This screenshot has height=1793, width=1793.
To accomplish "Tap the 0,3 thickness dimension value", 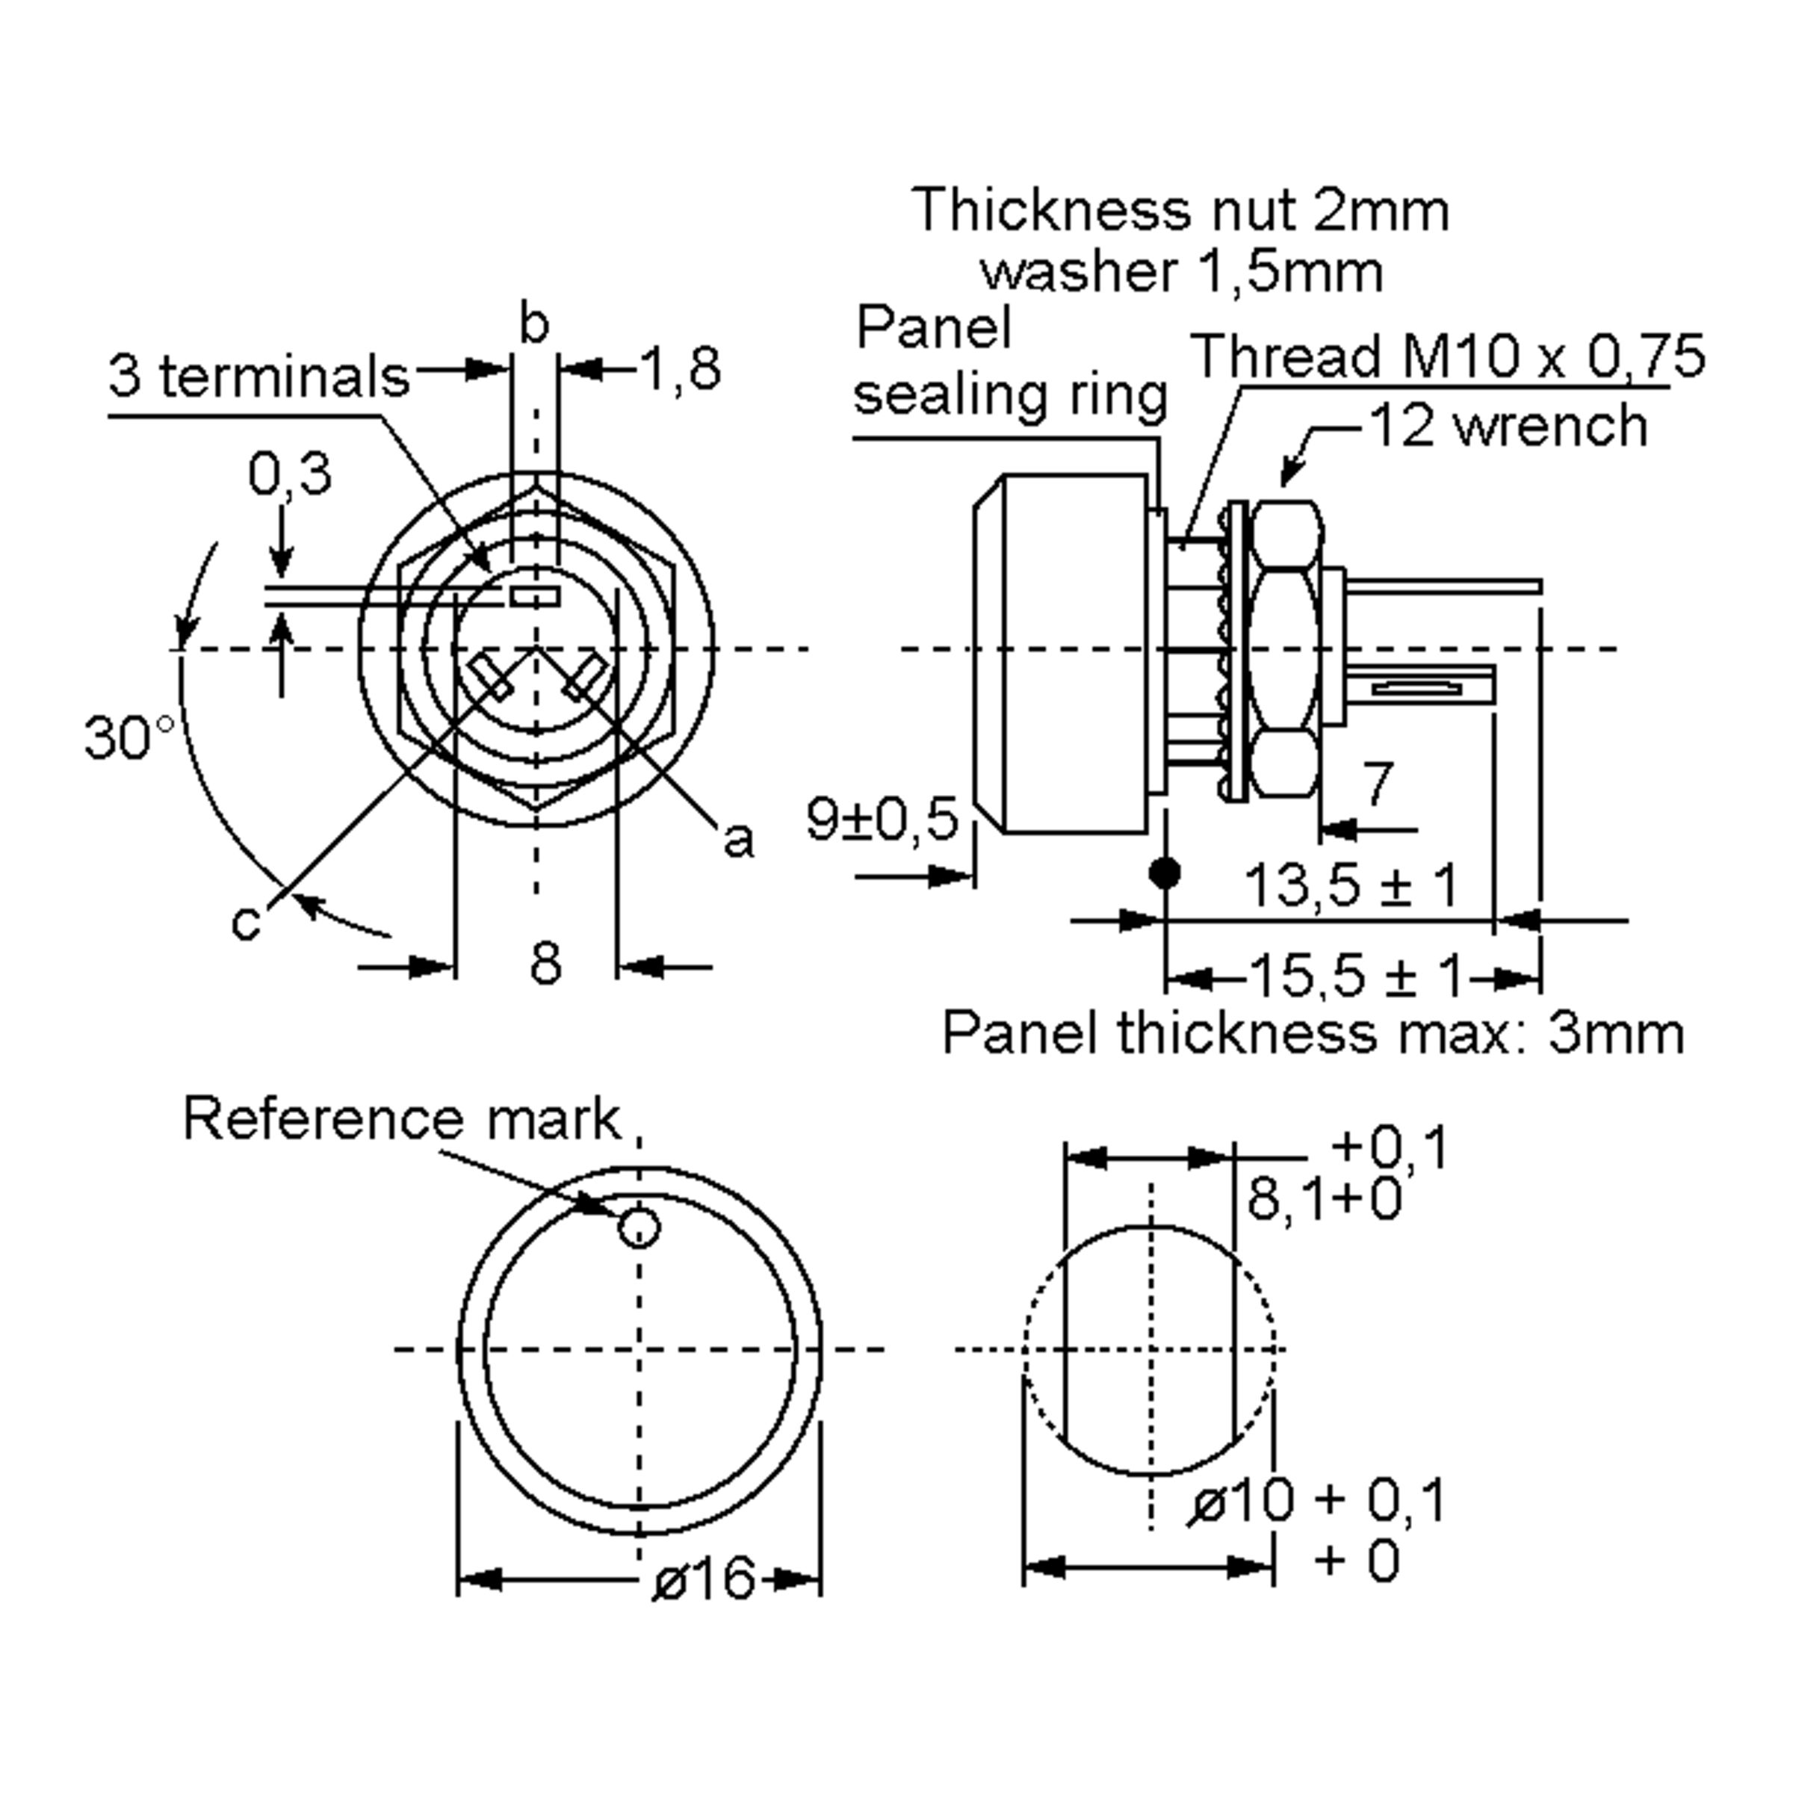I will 290,474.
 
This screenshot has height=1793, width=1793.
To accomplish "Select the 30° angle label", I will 128,738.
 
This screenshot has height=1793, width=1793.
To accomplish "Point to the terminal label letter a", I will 738,840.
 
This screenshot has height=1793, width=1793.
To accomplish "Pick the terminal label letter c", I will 246,923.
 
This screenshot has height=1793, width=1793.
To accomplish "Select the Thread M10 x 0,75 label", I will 1448,356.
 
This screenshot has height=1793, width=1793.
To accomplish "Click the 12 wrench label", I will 1508,426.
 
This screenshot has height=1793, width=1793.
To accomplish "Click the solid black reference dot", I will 1165,873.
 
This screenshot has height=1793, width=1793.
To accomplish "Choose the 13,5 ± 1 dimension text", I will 1350,885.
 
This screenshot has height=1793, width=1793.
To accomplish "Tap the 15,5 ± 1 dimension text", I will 1357,976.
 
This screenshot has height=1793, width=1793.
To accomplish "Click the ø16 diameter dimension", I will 704,1579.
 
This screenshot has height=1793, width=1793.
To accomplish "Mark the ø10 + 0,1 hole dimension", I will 1318,1501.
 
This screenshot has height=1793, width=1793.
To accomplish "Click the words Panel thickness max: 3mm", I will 1313,1033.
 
